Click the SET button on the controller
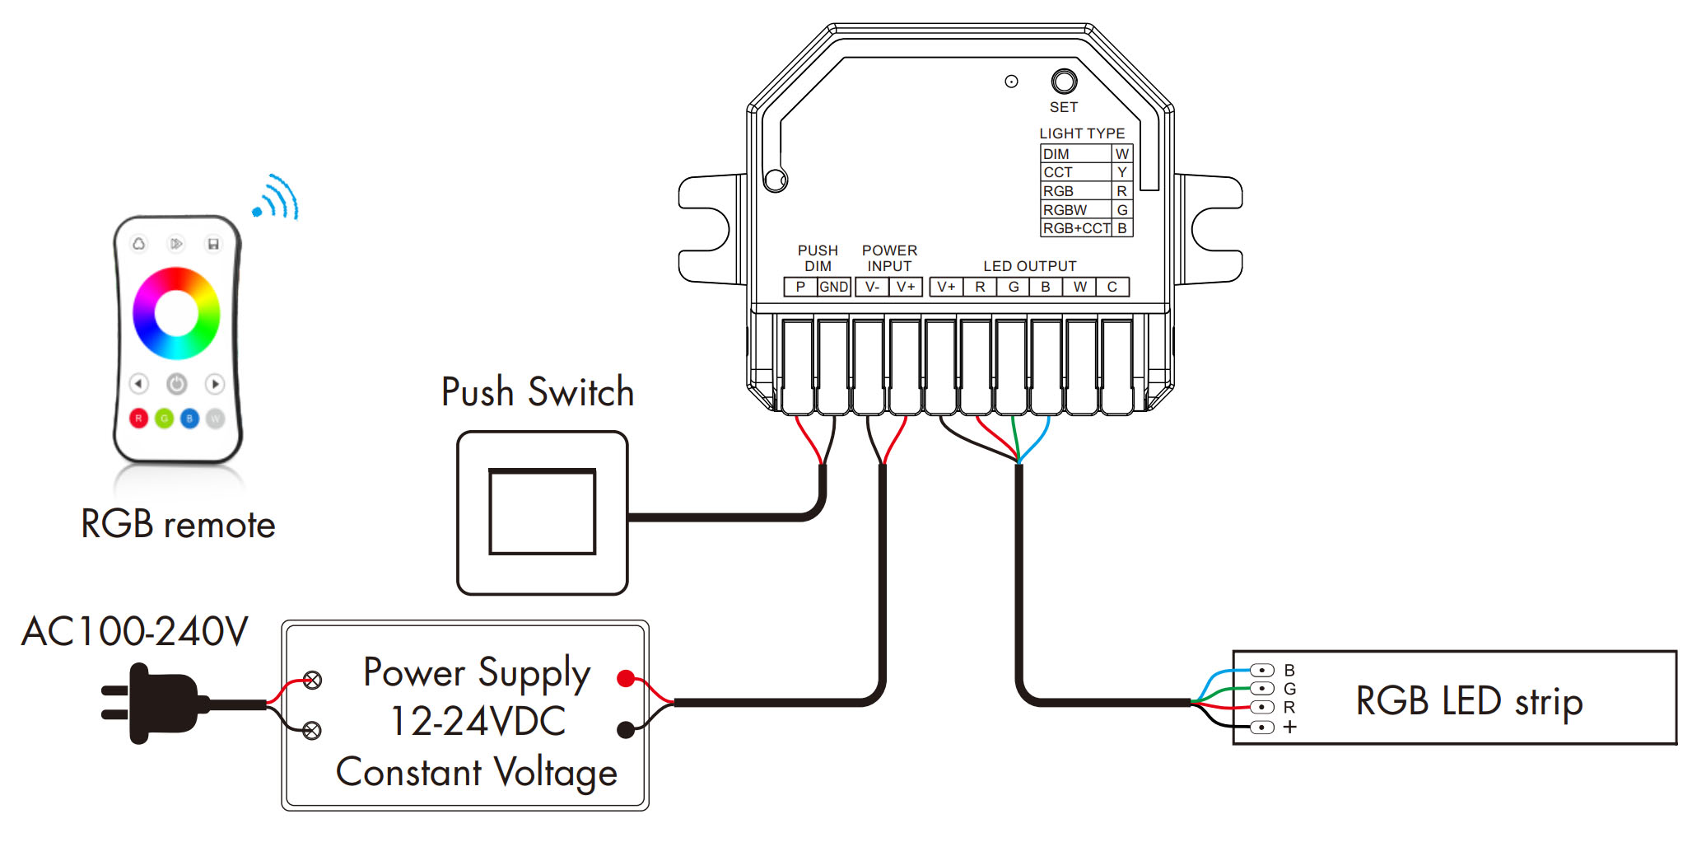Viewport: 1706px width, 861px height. tap(1064, 82)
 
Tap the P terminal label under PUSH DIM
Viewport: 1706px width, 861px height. tap(800, 287)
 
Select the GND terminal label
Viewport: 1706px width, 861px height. tap(833, 287)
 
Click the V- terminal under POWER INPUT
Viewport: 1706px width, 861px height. tap(872, 287)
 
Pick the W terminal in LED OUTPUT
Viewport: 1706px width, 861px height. tap(1079, 287)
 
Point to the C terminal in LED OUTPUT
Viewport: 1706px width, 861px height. tap(1112, 287)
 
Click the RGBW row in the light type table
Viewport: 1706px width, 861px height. tap(1075, 210)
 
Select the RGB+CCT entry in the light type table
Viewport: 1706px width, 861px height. tap(1076, 228)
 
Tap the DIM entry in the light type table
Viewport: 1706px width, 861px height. tap(1075, 154)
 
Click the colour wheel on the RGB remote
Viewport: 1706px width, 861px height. tap(176, 313)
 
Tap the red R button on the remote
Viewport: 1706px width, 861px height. tap(138, 419)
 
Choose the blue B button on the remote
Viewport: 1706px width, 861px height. tap(189, 419)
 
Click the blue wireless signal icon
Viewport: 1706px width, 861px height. tap(277, 198)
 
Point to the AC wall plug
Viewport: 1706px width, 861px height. tap(152, 703)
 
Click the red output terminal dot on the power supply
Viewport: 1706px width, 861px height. tap(626, 679)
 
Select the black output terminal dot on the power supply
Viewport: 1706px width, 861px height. tap(626, 729)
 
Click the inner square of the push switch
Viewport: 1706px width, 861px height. tap(542, 512)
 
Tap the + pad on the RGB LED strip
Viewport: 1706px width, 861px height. tap(1261, 727)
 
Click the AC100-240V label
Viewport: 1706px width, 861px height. tap(134, 632)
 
